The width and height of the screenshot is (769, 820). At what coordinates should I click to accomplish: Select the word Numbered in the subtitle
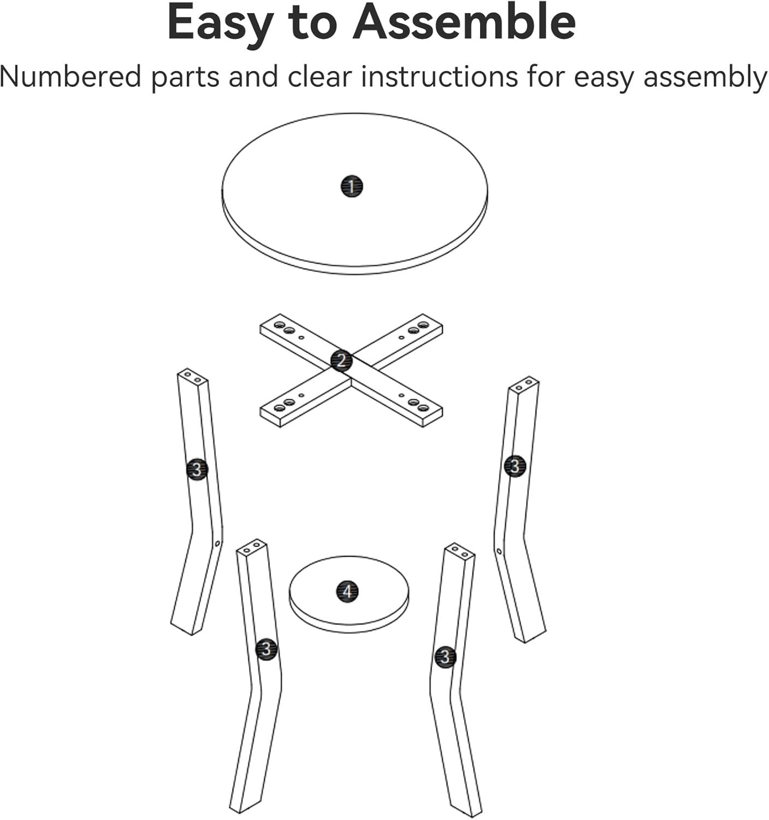[x=70, y=77]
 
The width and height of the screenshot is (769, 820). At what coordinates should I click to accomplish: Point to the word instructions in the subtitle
[x=439, y=77]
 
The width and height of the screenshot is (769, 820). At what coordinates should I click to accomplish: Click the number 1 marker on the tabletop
[x=352, y=186]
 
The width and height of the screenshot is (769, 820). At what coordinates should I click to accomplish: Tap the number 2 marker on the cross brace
[x=341, y=361]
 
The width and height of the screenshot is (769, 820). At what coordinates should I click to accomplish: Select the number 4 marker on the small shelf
[x=347, y=591]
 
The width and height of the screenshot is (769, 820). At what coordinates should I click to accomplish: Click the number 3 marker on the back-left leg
[x=197, y=470]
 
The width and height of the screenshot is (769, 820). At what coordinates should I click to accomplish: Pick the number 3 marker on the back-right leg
[x=515, y=466]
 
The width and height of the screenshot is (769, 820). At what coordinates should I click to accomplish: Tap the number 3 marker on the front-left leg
[x=266, y=649]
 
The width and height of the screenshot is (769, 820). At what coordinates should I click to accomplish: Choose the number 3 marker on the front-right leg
[x=445, y=656]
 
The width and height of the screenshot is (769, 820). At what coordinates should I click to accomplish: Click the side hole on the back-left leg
[x=218, y=543]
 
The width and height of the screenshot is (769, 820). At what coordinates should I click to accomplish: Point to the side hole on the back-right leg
[x=499, y=551]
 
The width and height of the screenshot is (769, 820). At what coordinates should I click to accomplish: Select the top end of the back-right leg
[x=524, y=384]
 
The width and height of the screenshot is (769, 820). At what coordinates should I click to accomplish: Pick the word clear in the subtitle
[x=320, y=77]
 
